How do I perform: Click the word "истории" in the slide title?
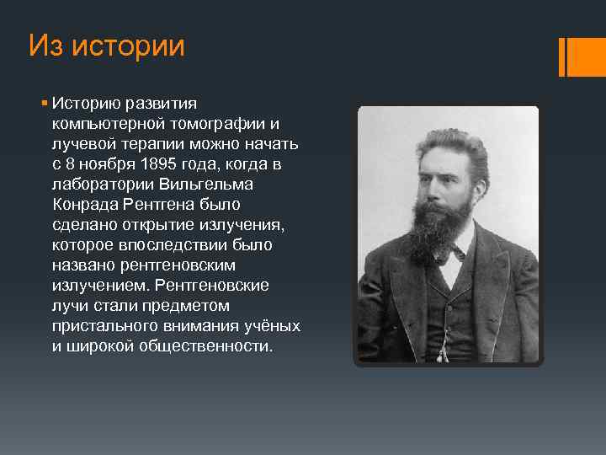pos(128,46)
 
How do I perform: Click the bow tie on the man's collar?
pos(454,251)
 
